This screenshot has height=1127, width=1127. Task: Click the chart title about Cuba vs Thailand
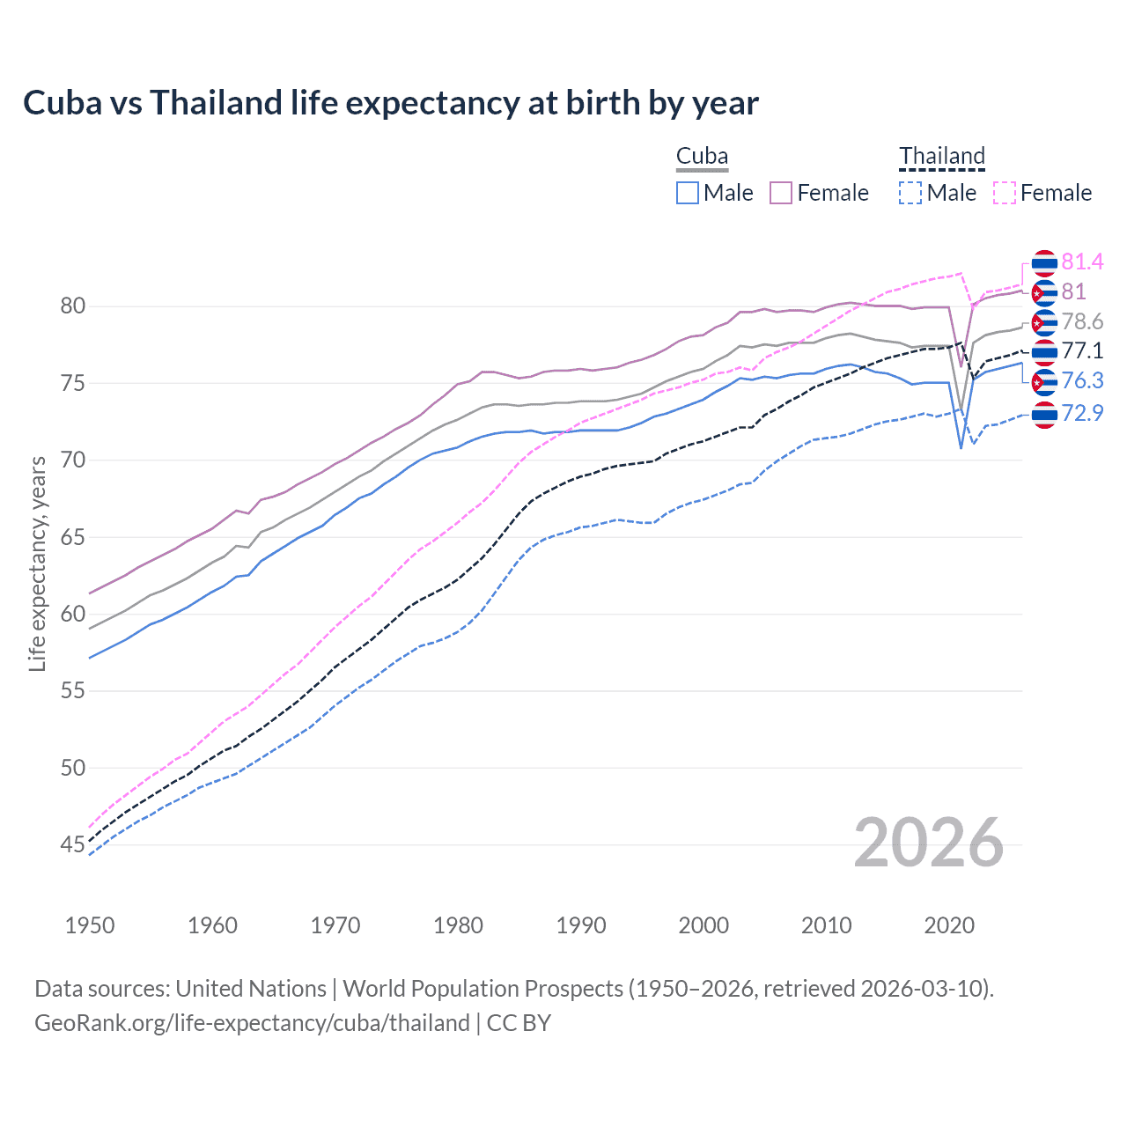[390, 103]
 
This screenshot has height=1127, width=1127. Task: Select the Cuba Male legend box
[688, 193]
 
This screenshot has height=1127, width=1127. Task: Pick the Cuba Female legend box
[781, 193]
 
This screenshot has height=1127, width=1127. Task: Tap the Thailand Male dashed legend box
[910, 193]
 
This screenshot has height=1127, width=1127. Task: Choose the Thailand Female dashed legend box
[1005, 193]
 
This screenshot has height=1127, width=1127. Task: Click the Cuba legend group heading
[702, 157]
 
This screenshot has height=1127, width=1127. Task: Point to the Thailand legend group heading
[941, 157]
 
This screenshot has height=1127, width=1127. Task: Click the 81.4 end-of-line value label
[1082, 262]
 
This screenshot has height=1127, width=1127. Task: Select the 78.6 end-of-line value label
[1082, 322]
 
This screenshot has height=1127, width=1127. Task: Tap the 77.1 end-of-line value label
[1082, 351]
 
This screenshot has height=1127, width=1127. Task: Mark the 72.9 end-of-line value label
[1082, 413]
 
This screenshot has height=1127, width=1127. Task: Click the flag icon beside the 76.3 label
[1044, 382]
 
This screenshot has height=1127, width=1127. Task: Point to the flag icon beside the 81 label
[1044, 292]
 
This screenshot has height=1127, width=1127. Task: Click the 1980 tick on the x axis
[458, 925]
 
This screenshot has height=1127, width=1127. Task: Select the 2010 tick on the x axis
[826, 925]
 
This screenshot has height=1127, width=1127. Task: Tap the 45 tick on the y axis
[72, 845]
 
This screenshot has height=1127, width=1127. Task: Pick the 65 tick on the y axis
[72, 537]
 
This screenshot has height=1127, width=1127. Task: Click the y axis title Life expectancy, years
[37, 563]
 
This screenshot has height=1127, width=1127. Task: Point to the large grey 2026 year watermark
[929, 843]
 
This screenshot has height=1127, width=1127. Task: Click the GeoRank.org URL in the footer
[252, 1023]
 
